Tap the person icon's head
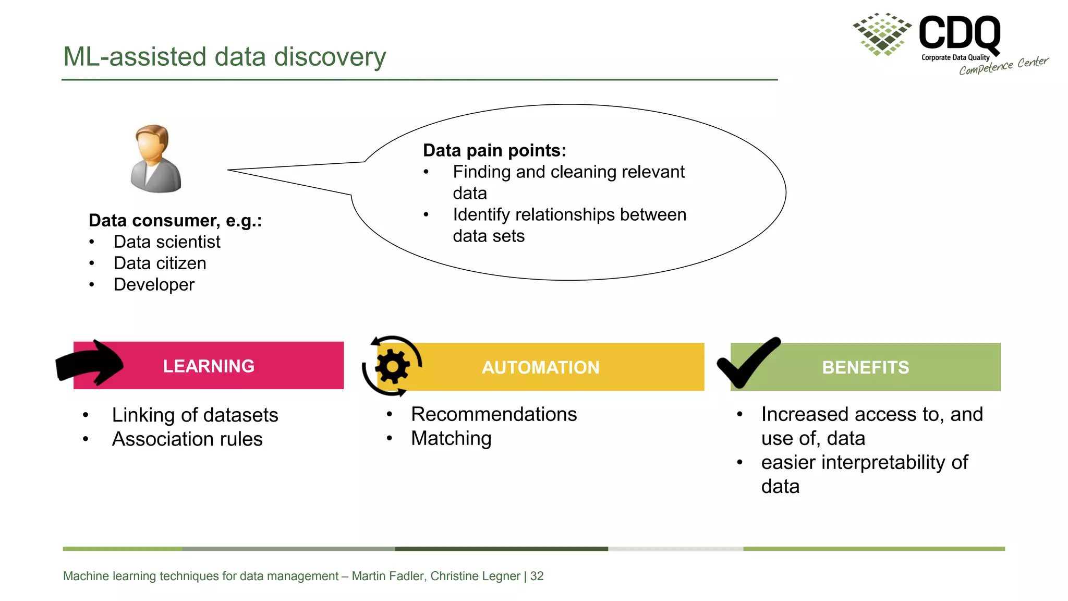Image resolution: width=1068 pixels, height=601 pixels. coord(152,143)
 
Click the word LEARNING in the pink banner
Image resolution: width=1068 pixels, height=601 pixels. coord(209,366)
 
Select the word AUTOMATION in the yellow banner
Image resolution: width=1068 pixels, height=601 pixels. coord(540,367)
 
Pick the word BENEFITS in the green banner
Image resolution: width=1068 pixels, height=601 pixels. coord(865,367)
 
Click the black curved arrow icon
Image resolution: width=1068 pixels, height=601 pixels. coord(90,364)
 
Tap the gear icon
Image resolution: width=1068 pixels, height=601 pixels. coord(392,366)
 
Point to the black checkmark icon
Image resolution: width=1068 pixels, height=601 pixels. coord(748,363)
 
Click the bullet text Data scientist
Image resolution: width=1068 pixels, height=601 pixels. coord(167,242)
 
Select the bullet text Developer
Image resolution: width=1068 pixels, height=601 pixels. coord(154,285)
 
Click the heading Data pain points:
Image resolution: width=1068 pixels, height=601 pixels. coord(494,150)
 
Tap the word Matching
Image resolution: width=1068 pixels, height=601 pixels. coord(451,438)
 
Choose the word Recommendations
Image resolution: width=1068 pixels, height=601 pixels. coord(494,414)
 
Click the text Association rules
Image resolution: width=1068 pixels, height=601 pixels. coord(187,439)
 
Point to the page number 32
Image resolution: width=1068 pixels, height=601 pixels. coord(537,576)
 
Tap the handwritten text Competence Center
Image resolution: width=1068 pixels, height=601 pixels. coord(1003,66)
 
